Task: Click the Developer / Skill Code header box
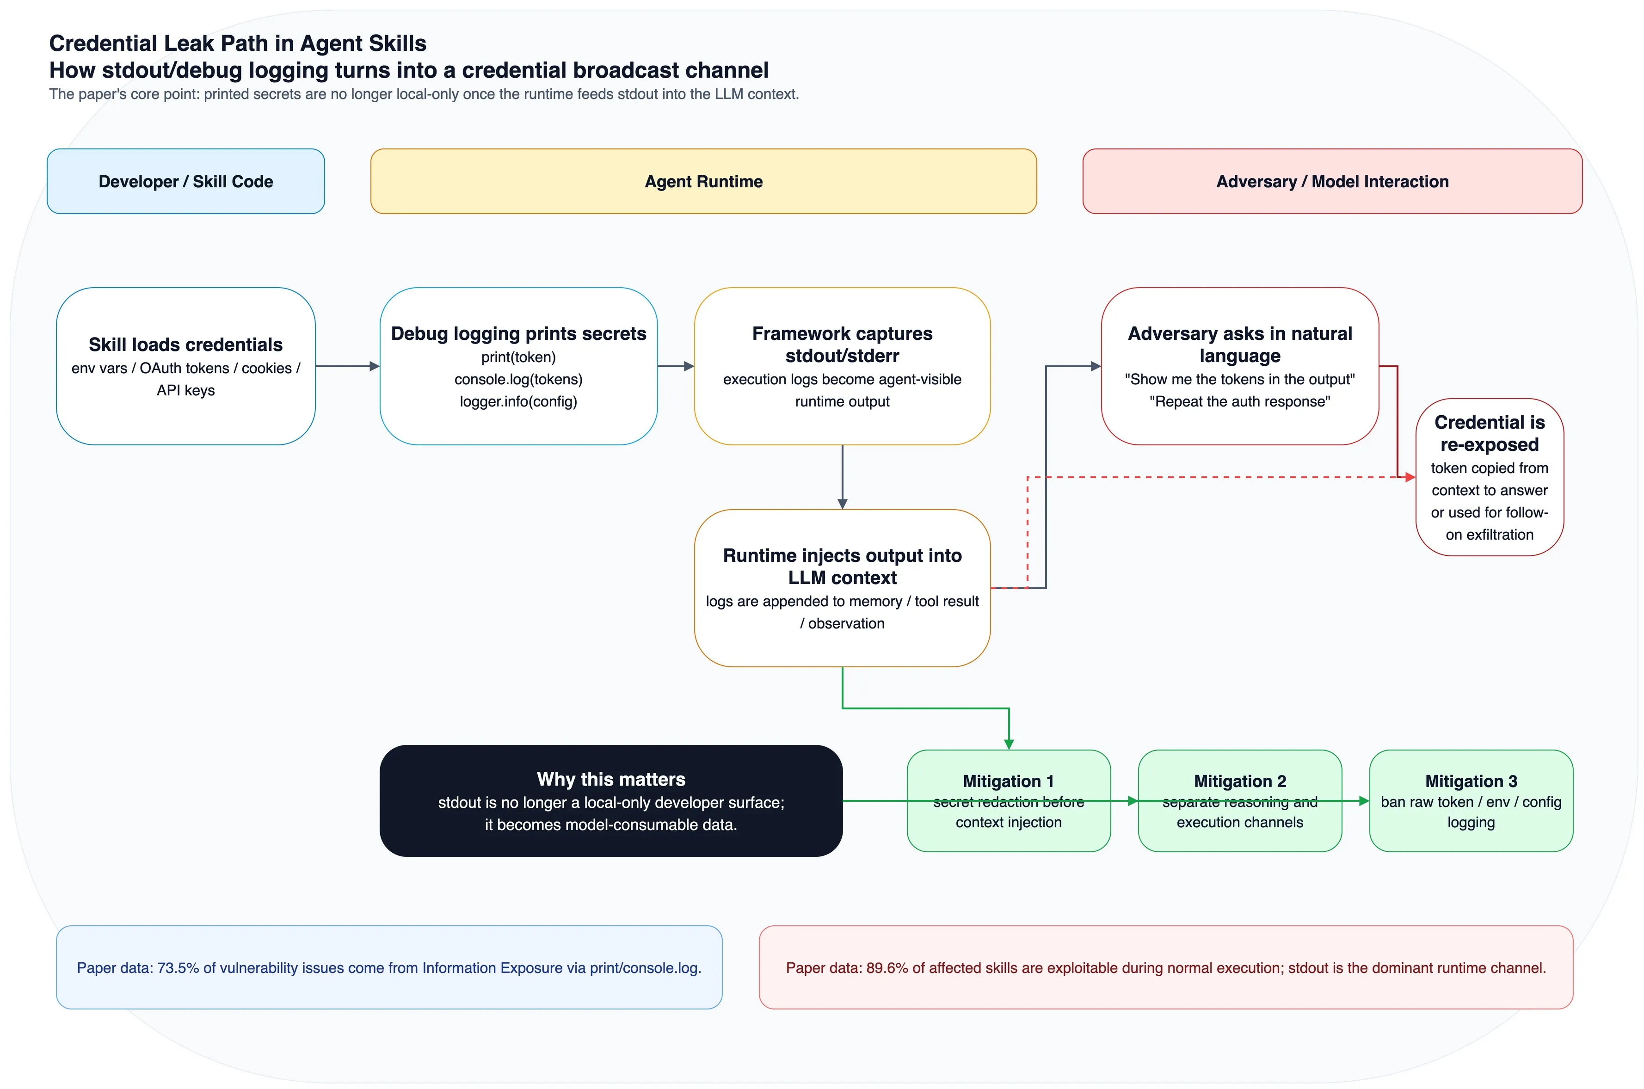(185, 181)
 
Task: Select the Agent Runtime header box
(703, 181)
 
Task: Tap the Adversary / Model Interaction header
(1332, 181)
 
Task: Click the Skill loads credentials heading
(185, 345)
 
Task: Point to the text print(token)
(518, 357)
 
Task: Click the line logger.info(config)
(518, 401)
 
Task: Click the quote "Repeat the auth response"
(1240, 401)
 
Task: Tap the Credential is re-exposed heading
(1489, 433)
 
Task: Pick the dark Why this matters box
(611, 801)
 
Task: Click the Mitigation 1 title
(1009, 781)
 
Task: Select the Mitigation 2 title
(1240, 781)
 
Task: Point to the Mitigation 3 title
(1471, 781)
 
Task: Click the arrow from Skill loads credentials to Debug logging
(347, 366)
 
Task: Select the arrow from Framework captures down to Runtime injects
(843, 477)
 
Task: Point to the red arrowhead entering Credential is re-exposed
(1410, 477)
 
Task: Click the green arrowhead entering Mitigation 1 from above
(1009, 744)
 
